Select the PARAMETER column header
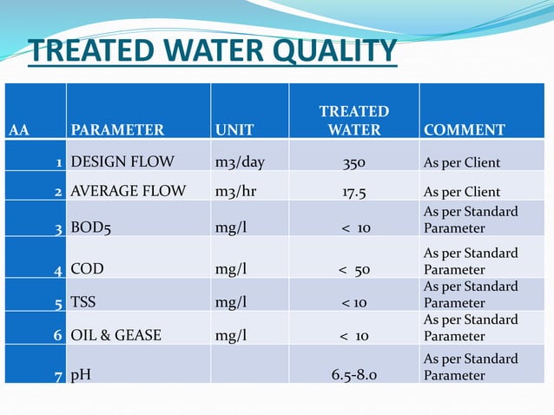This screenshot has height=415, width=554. tap(117, 130)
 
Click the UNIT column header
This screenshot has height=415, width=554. tap(234, 130)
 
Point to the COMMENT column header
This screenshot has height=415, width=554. tap(464, 130)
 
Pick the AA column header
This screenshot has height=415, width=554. tap(19, 130)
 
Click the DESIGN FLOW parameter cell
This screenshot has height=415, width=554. tap(122, 162)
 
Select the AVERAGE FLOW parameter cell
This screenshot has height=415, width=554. tap(128, 192)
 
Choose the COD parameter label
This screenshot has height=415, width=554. tap(87, 269)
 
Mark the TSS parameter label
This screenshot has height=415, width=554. tap(84, 303)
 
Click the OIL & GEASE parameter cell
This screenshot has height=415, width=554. tap(115, 335)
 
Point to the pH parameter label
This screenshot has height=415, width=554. tap(80, 375)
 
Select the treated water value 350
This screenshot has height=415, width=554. tap(353, 162)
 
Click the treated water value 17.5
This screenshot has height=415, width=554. tap(353, 192)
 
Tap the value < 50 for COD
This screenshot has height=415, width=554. tap(354, 270)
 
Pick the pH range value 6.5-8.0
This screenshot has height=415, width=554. tap(353, 376)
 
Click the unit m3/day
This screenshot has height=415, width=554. tap(240, 162)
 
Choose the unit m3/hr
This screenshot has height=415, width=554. tap(236, 192)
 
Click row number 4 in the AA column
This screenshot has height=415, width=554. tap(57, 270)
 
